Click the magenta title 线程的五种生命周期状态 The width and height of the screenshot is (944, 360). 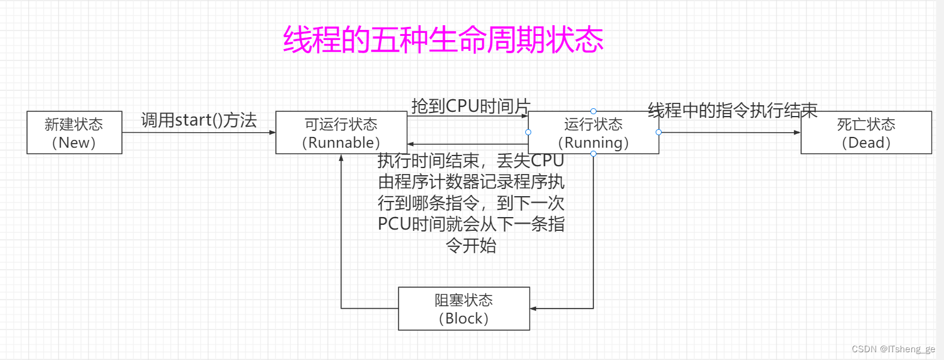tap(443, 39)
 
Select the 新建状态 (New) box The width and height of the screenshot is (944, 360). tap(74, 133)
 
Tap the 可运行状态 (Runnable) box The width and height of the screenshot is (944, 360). tap(341, 133)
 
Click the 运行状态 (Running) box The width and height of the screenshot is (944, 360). tap(593, 133)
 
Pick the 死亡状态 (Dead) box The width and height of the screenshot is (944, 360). tap(866, 133)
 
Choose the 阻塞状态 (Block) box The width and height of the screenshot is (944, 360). tap(464, 309)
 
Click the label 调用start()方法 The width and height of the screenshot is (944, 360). tap(199, 120)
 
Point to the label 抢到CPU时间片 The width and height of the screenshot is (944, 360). tap(471, 106)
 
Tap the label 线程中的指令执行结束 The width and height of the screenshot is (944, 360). tap(732, 110)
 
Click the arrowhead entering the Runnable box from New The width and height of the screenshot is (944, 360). tap(272, 132)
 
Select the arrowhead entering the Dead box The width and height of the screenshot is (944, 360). tap(797, 132)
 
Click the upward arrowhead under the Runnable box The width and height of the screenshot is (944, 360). tap(341, 158)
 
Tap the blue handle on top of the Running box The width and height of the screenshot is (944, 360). tap(593, 111)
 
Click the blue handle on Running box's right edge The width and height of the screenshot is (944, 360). tap(658, 132)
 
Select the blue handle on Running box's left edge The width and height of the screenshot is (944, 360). tap(528, 132)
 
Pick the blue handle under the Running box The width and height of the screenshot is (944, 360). tap(593, 154)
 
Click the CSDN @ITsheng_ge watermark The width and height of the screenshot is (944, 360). tap(893, 349)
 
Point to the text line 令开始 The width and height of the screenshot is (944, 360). tap(471, 245)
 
